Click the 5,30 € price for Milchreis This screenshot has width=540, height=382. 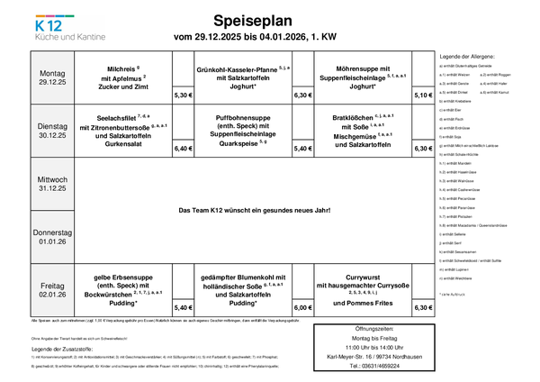[184, 95]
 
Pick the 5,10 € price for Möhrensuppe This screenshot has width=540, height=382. [423, 95]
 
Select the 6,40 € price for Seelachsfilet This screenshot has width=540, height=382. [184, 148]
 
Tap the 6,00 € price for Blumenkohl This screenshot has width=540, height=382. [303, 307]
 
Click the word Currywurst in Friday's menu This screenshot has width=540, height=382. [362, 278]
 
